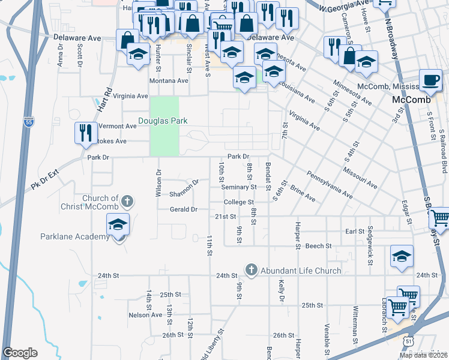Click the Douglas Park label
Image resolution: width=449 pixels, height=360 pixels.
[x=163, y=121]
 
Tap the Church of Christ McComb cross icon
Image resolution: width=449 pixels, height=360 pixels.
[x=126, y=201]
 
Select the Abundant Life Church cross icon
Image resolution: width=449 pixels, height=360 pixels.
[x=252, y=270]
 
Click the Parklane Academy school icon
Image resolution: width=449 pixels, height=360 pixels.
[x=118, y=226]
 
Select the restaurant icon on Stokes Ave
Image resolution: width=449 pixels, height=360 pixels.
[x=86, y=132]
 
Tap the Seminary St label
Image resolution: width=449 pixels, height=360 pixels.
[x=239, y=187]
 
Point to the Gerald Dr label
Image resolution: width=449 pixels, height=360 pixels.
[x=184, y=209]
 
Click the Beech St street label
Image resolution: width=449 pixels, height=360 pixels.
[x=319, y=246]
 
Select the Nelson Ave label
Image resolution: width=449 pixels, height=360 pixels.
[x=145, y=314]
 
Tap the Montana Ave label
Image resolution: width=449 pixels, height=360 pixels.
[x=169, y=81]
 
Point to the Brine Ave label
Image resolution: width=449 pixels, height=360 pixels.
[x=303, y=193]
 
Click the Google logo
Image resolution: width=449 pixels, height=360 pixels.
[x=20, y=353]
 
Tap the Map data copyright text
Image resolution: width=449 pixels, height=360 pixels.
[x=423, y=355]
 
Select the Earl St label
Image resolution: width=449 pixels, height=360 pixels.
[x=355, y=231]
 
